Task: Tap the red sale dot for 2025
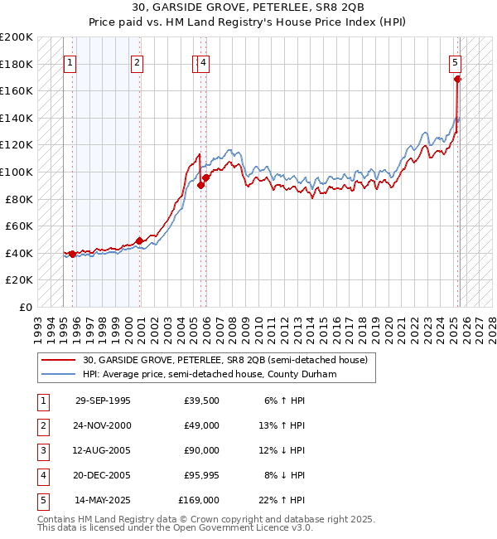click(457, 80)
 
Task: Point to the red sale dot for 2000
click(139, 241)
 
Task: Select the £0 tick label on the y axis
click(26, 307)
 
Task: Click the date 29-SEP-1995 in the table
click(103, 401)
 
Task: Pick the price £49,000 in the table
click(201, 425)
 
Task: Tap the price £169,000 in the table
click(199, 500)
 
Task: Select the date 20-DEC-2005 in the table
click(103, 475)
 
